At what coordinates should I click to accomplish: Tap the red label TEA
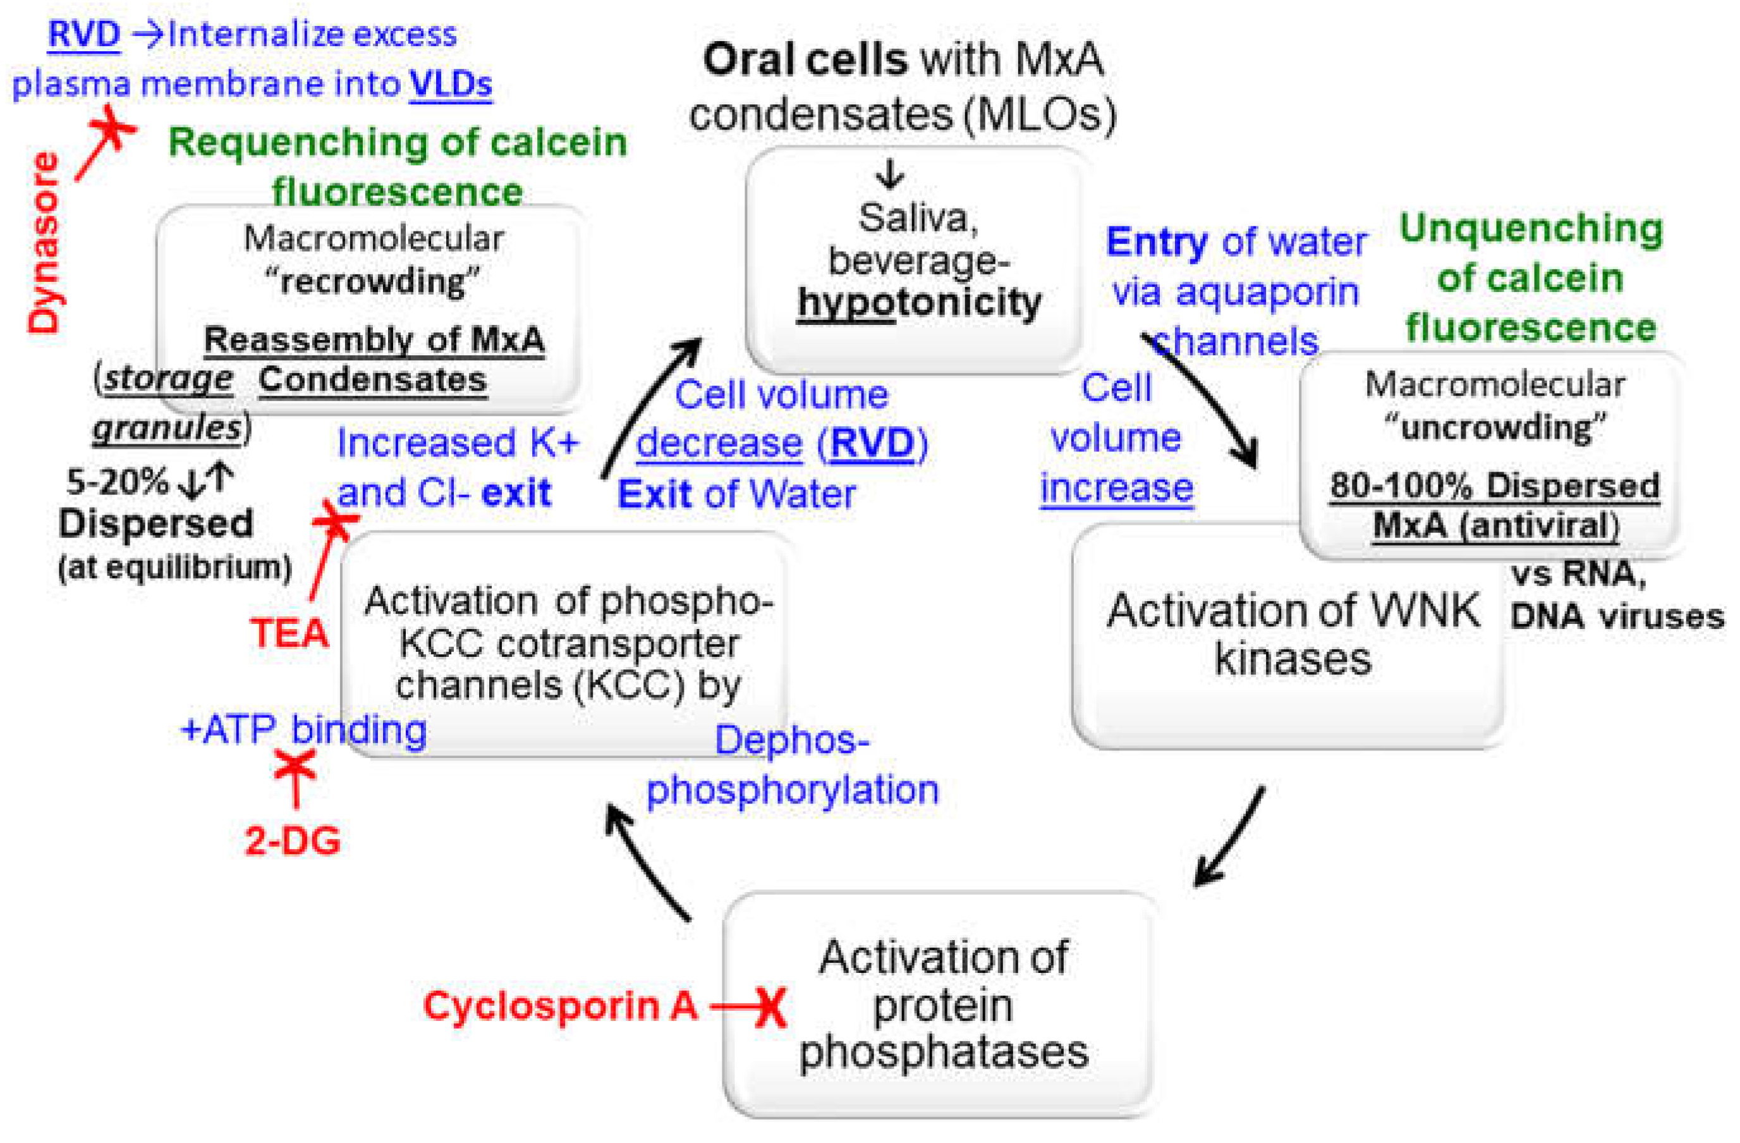pos(289,633)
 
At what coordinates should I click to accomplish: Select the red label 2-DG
pos(293,841)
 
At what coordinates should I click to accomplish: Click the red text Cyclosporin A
pos(561,1006)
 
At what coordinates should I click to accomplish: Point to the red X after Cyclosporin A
pos(770,1008)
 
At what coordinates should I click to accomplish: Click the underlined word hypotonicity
pos(920,303)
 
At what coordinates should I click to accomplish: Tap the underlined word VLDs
pos(451,84)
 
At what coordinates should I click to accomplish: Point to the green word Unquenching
pos(1531,229)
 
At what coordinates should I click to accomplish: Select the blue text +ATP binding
pos(304,730)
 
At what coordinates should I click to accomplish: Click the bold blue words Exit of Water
pos(736,494)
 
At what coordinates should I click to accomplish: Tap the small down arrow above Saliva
pos(889,174)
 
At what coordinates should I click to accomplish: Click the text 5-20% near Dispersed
pos(117,482)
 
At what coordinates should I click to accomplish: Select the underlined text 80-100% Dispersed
pos(1494,486)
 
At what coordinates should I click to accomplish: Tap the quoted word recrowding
pos(373,281)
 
